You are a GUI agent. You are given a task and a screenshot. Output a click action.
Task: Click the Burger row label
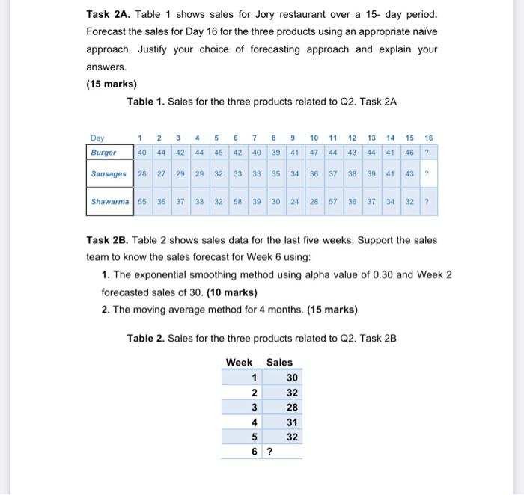click(x=103, y=152)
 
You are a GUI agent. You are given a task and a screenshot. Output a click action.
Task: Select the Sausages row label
click(x=109, y=173)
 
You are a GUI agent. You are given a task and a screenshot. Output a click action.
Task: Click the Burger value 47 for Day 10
click(x=314, y=152)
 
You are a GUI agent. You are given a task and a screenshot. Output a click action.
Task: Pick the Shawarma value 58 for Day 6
click(x=236, y=202)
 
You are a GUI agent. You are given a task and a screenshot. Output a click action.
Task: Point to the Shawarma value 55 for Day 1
click(x=142, y=202)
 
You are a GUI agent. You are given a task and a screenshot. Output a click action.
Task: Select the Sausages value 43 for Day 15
click(x=409, y=173)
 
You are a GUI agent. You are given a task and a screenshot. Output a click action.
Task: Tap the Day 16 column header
click(x=428, y=138)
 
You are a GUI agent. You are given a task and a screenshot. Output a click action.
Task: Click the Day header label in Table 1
click(x=97, y=138)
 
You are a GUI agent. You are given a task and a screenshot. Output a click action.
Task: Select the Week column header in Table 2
click(x=239, y=362)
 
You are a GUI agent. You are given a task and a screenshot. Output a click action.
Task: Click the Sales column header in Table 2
click(x=279, y=362)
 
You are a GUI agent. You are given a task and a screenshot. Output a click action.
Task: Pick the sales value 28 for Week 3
click(x=292, y=408)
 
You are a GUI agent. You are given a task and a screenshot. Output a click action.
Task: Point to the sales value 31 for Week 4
click(x=292, y=422)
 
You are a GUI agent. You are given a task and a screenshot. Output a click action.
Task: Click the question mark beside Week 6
click(x=269, y=452)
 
